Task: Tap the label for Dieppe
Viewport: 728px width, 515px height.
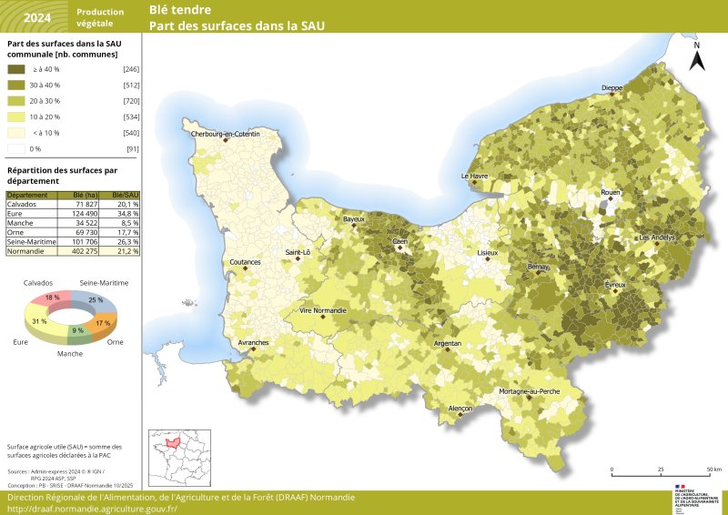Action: tap(612, 88)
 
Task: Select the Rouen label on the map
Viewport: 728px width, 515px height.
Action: tap(610, 193)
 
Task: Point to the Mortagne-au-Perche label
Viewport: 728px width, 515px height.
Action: tap(529, 391)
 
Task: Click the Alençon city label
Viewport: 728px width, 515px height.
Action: tap(460, 409)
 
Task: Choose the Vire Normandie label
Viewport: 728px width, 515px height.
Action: tap(323, 310)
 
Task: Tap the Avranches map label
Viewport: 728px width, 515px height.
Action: tap(253, 342)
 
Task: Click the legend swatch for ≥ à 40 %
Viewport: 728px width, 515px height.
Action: tap(17, 69)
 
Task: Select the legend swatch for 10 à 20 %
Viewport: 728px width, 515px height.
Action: tap(17, 116)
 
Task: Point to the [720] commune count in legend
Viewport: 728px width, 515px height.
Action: tap(130, 101)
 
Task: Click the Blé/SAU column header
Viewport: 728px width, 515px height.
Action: tap(125, 196)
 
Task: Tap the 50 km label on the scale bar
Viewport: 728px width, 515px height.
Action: tap(713, 470)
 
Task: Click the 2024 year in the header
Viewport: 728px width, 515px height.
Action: tap(37, 17)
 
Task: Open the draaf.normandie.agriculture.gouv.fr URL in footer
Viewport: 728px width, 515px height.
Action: tap(92, 509)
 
